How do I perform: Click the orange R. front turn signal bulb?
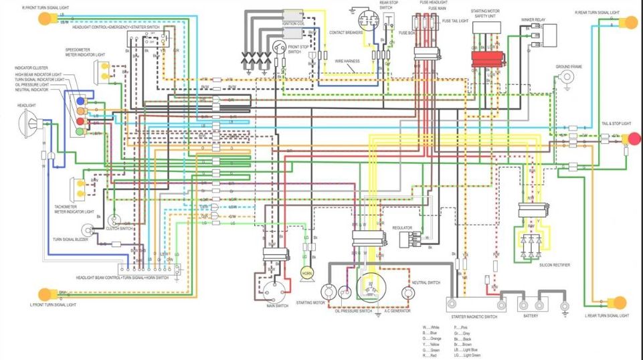coord(45,19)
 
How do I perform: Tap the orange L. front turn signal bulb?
coord(45,293)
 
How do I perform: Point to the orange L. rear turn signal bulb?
coord(619,303)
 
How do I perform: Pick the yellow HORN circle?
coord(306,273)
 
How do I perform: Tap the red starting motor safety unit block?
coord(488,58)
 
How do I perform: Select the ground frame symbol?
coord(567,78)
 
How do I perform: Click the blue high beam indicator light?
coord(80,101)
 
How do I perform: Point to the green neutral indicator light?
coord(80,132)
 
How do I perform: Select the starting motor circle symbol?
coord(328,292)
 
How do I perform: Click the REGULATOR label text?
coord(402,228)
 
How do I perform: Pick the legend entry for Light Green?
coord(465,355)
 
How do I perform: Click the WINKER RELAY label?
coord(533,20)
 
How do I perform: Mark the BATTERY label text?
coord(531,315)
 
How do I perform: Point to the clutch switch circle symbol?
coord(114,219)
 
